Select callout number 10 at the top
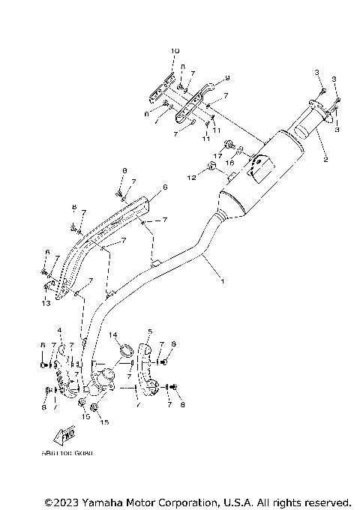pyautogui.click(x=175, y=51)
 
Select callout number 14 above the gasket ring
pyautogui.click(x=114, y=334)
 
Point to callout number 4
pyautogui.click(x=58, y=331)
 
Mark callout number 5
pyautogui.click(x=150, y=331)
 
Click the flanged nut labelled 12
pyautogui.click(x=211, y=166)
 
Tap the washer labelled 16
pyautogui.click(x=241, y=150)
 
